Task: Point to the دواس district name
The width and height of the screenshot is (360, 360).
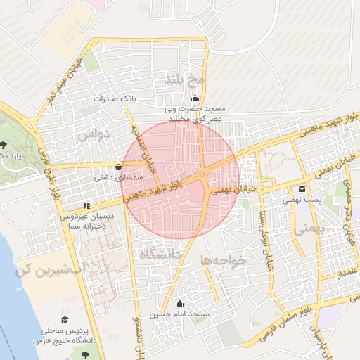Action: (x=95, y=134)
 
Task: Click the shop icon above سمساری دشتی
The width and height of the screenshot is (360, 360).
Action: (x=117, y=167)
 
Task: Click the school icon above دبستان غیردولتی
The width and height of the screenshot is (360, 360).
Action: (x=86, y=205)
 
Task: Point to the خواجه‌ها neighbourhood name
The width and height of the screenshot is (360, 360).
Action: (x=224, y=260)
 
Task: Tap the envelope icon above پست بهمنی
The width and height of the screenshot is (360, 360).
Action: (x=302, y=188)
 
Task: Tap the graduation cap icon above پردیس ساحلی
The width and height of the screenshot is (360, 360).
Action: (x=65, y=319)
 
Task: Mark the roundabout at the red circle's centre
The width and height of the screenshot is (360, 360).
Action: (x=202, y=174)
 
